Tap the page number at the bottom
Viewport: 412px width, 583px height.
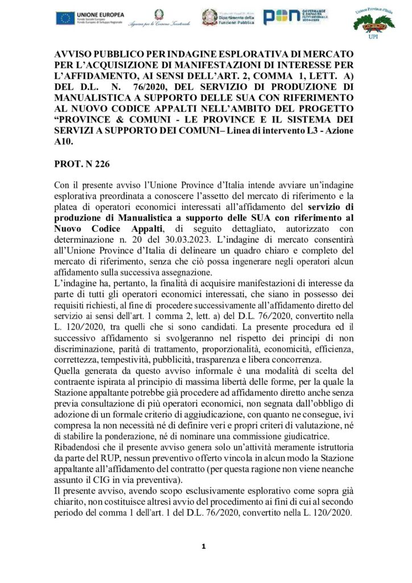[203, 547]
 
